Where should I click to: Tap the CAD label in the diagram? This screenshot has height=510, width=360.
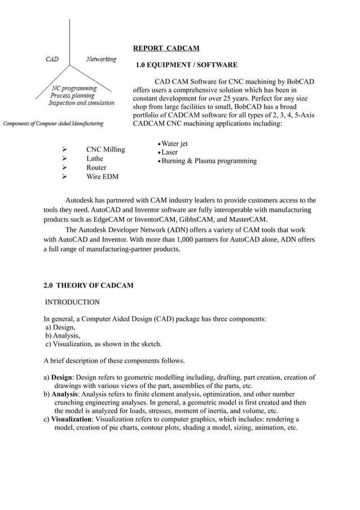pos(51,59)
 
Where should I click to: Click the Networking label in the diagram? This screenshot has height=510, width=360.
pos(101,59)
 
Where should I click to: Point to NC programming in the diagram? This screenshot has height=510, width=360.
pos(74,88)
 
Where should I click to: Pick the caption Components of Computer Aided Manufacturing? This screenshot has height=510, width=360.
pos(54,123)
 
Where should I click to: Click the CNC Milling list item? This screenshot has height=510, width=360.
pos(106,150)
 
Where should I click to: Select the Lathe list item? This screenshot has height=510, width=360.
pos(94,159)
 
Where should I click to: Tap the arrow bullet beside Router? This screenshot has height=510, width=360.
pos(65,168)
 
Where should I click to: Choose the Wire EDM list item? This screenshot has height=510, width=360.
pos(102,177)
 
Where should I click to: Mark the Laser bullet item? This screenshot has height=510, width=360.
pos(169,152)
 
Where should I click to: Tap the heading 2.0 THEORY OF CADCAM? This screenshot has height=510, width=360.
pos(89,285)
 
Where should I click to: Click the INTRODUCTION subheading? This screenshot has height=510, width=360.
pos(73,302)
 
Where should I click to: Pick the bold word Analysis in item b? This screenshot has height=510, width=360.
pos(65,394)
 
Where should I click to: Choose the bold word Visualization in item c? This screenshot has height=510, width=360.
pos(71,419)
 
